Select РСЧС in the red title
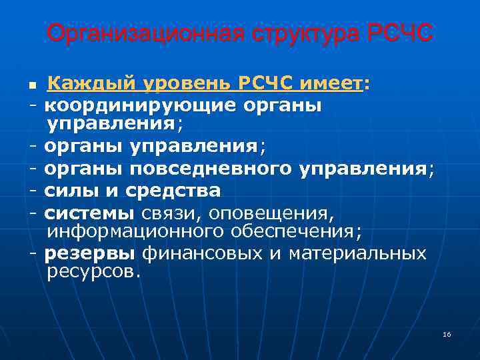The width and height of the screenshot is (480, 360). tap(399, 33)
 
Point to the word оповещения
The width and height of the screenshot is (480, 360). tap(273, 213)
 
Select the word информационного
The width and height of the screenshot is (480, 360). tap(125, 232)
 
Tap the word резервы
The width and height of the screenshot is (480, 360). tap(90, 253)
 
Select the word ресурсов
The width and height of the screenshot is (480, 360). tap(94, 272)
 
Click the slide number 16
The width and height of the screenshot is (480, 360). tap(447, 334)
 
